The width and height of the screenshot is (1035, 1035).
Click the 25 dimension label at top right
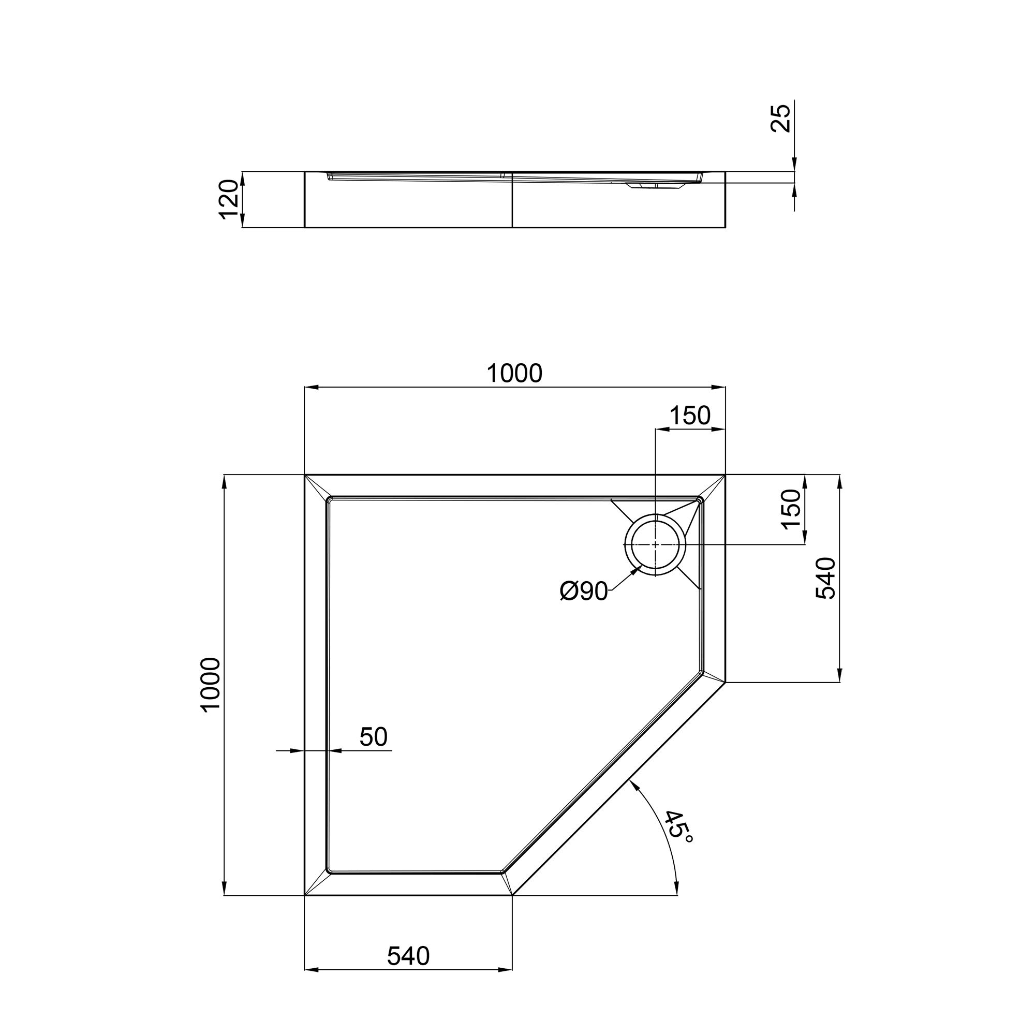point(782,118)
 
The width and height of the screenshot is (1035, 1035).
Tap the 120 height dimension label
point(229,199)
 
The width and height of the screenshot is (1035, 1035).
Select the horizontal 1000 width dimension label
point(514,374)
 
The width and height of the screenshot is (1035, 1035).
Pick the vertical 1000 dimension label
point(212,684)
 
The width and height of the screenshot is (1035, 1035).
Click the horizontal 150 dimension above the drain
point(690,415)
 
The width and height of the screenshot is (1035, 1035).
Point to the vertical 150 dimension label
point(791,509)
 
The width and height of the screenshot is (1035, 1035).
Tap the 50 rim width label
point(374,736)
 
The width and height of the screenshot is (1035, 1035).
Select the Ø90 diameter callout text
point(584,592)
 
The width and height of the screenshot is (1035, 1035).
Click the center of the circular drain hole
point(655,544)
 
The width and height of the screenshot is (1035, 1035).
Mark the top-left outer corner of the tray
point(305,475)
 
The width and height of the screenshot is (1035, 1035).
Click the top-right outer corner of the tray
point(726,475)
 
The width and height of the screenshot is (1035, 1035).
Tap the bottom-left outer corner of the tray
point(305,895)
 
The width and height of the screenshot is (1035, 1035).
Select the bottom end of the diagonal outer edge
point(513,895)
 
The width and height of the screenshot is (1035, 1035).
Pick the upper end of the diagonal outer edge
point(726,682)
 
